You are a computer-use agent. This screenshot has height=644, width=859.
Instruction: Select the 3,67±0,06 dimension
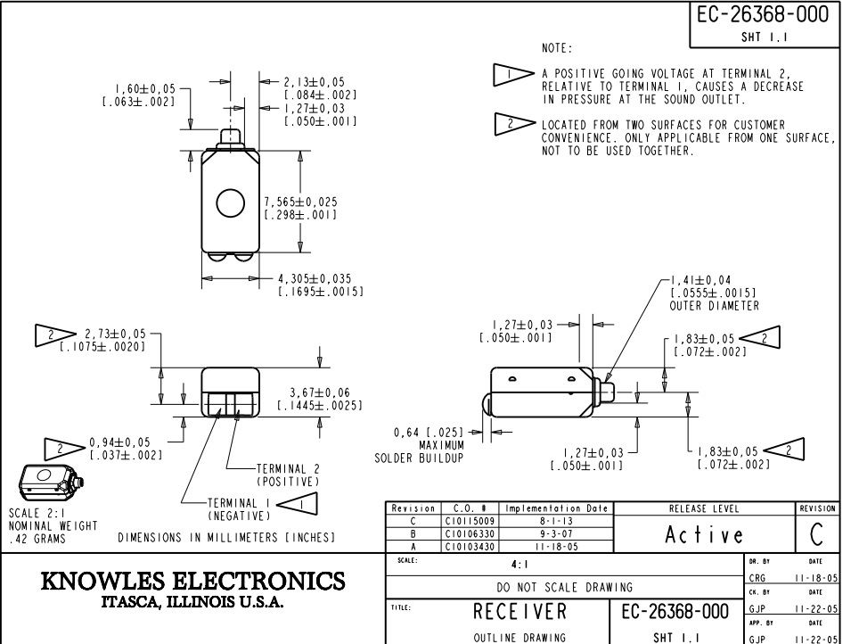[x=327, y=392]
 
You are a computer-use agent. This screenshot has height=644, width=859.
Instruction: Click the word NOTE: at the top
[x=557, y=46]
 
